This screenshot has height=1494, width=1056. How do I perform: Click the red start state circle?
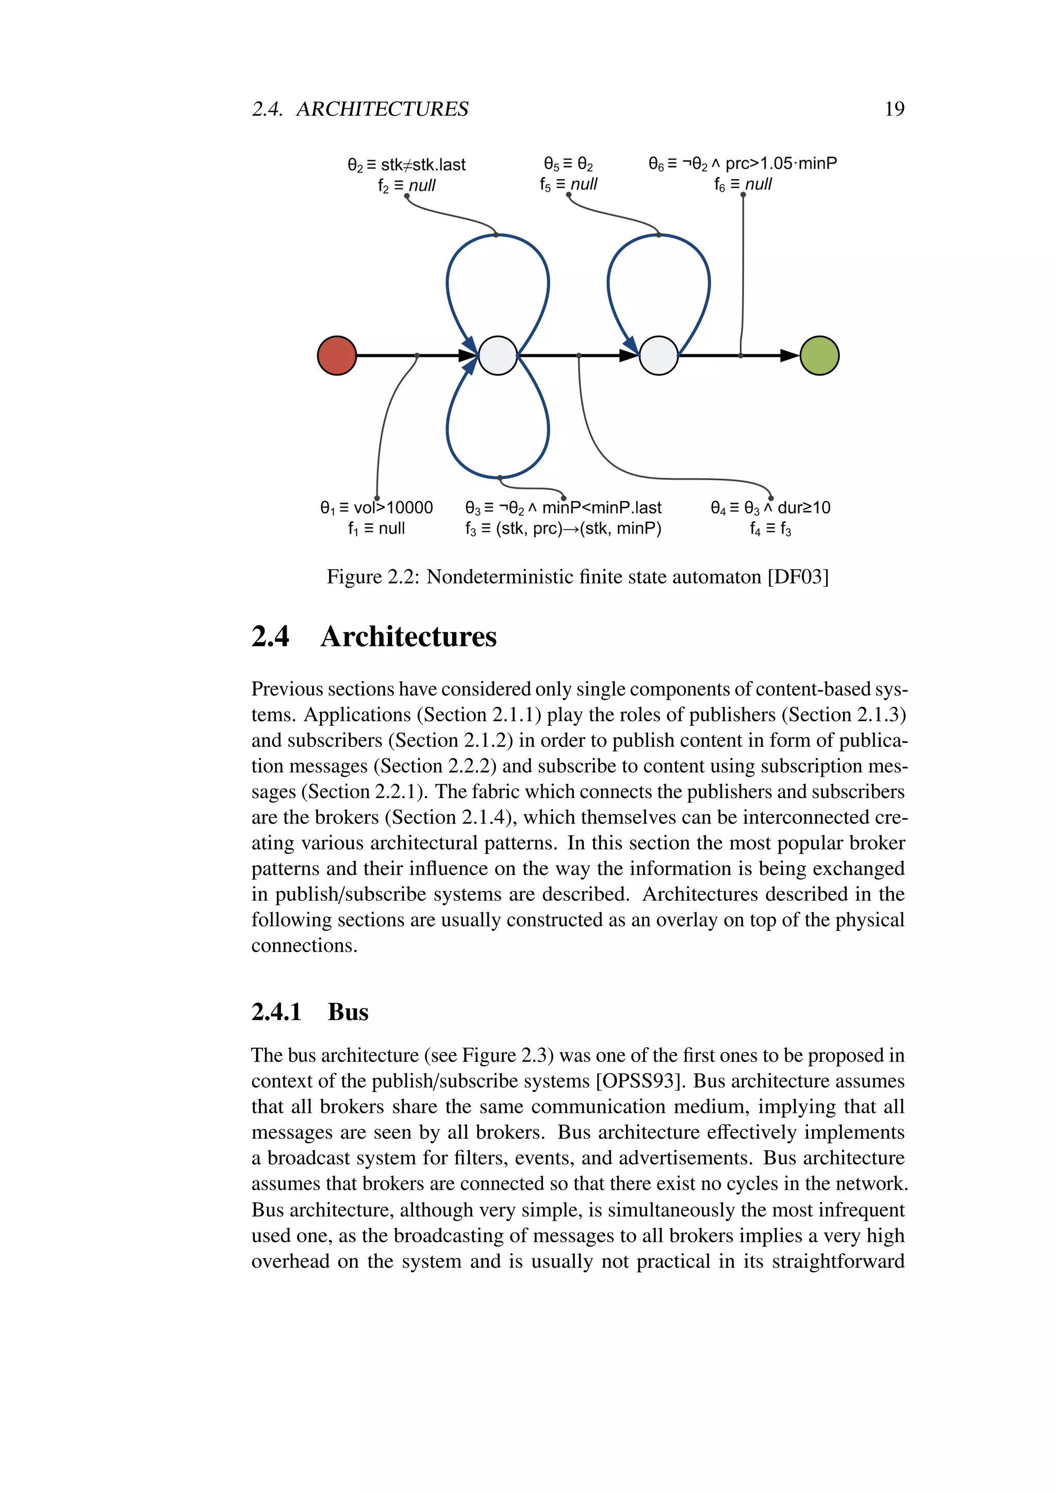click(x=337, y=355)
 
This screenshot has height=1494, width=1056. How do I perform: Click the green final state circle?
click(x=819, y=355)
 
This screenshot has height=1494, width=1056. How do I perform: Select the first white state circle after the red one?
click(x=498, y=355)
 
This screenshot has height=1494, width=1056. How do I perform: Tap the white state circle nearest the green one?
click(x=658, y=355)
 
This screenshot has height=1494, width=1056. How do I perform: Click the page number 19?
click(x=894, y=109)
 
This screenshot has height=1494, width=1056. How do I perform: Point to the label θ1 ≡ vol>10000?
click(x=376, y=508)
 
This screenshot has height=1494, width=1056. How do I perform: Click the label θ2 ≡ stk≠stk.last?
click(x=406, y=165)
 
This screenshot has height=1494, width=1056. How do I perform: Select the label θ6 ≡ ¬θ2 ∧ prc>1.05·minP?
click(x=742, y=164)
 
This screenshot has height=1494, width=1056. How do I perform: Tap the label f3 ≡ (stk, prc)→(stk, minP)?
click(x=563, y=528)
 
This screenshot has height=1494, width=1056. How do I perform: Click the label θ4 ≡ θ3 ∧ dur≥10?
click(x=770, y=508)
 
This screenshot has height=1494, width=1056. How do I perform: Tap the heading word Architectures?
click(x=408, y=637)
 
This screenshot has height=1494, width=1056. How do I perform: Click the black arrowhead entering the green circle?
click(x=789, y=355)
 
